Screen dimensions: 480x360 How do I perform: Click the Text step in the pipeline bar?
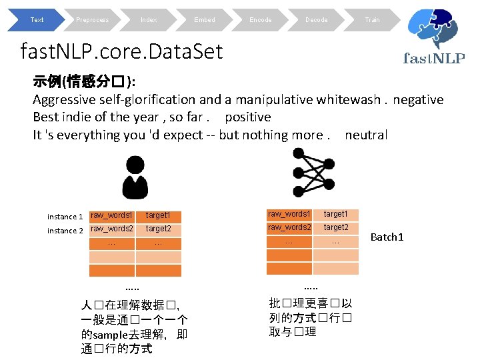[37, 20]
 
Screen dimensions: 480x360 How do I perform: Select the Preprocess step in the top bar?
[92, 20]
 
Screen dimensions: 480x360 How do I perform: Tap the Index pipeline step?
[148, 20]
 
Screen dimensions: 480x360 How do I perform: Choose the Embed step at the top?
[204, 20]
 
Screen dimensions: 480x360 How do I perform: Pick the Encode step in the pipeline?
[260, 20]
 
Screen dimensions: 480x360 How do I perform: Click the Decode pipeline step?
[316, 20]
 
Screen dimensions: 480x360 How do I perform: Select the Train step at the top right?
[372, 20]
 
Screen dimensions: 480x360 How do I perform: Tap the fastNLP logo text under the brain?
[434, 58]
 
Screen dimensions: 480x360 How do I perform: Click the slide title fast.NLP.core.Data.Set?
[122, 51]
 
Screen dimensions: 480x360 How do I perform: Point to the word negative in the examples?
[418, 100]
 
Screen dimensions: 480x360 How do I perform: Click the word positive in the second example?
[248, 117]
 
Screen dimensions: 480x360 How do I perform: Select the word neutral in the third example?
[366, 135]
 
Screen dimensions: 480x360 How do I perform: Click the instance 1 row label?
[65, 217]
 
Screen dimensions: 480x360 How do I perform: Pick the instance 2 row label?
[65, 231]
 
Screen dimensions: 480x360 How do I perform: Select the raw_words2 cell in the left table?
[111, 229]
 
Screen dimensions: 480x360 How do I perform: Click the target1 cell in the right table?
[335, 214]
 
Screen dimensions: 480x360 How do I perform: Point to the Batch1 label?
[387, 237]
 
